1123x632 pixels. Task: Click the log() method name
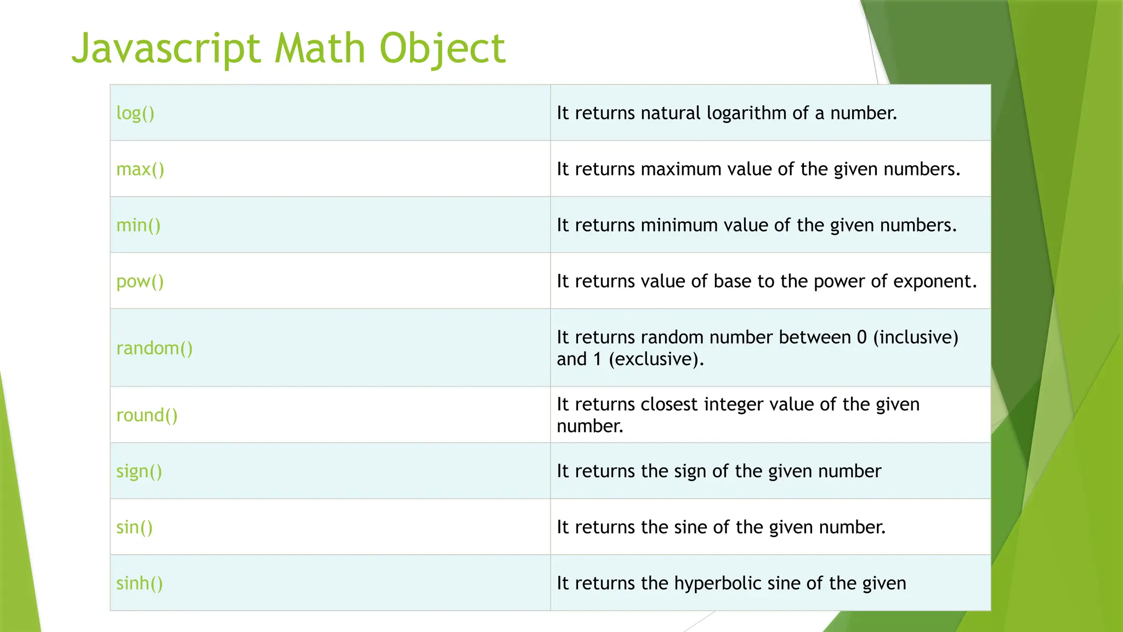click(135, 113)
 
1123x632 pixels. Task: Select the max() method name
click(140, 169)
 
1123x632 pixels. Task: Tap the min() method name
click(138, 225)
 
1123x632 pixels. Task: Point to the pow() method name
click(140, 281)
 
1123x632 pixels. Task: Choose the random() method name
click(154, 348)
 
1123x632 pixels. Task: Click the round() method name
click(147, 415)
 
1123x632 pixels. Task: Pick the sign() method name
click(139, 471)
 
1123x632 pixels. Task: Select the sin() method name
click(134, 527)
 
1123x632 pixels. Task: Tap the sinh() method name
click(139, 583)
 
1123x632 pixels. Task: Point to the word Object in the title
click(442, 48)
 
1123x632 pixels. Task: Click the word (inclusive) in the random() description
click(915, 337)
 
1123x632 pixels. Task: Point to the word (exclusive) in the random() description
click(656, 359)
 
